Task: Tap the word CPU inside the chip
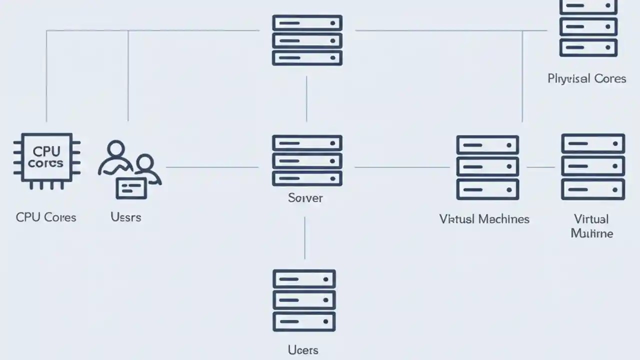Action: pos(46,151)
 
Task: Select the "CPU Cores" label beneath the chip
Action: pos(46,217)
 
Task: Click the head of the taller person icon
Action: pos(115,149)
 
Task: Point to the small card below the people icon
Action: pos(131,187)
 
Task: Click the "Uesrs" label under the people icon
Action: pos(125,217)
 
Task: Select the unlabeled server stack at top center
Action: pos(307,40)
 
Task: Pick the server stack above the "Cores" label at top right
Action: pos(588,29)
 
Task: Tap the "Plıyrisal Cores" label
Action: pos(587,78)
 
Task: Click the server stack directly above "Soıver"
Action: pos(307,160)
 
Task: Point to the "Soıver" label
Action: pos(305,198)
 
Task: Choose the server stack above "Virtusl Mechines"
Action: pos(487,167)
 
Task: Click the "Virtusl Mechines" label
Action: pos(484,219)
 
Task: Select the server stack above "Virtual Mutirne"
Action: pos(593,166)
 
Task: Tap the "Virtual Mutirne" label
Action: pos(591,226)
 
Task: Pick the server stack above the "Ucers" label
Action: pos(304,300)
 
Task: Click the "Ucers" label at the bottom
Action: pos(303,349)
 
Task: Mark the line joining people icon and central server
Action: pos(212,167)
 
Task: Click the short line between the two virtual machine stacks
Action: pos(540,167)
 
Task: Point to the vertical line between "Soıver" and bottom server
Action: pos(304,237)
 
